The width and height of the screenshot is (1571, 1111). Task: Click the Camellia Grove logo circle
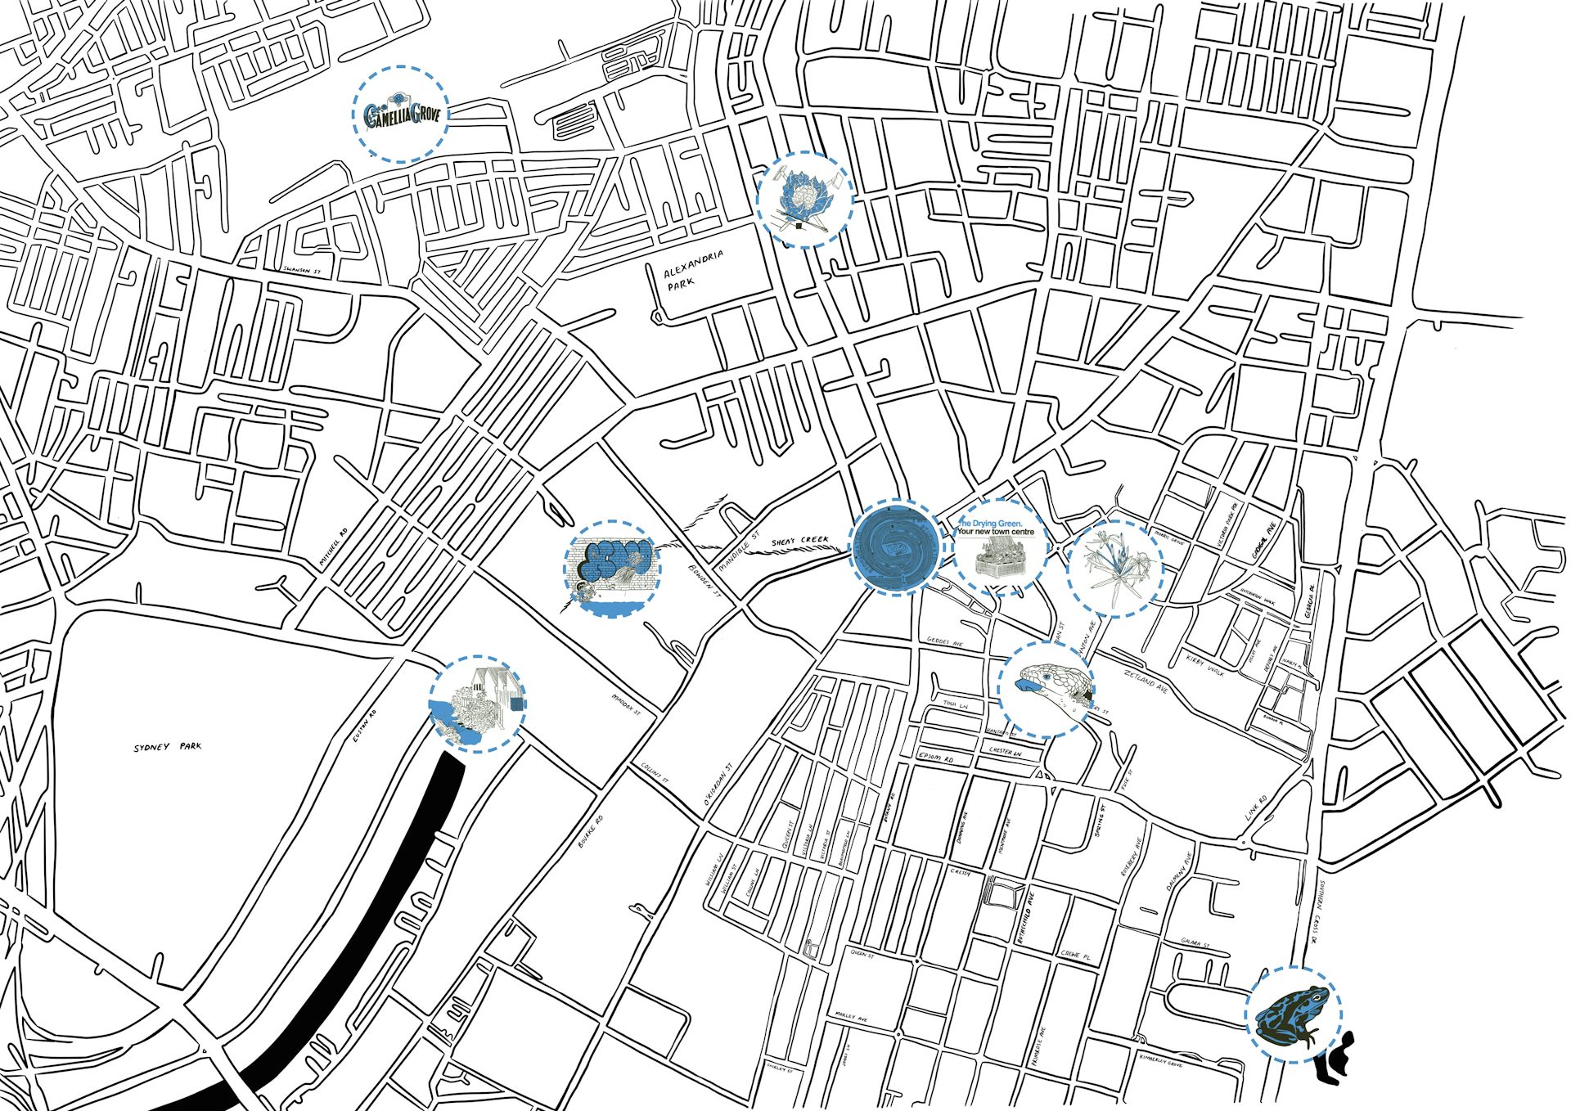point(401,114)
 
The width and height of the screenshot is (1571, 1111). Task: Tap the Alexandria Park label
point(693,269)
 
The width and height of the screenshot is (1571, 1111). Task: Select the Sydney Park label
point(167,747)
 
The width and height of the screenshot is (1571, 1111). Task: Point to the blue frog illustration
point(1293,1015)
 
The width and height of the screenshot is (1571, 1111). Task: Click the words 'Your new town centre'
point(996,532)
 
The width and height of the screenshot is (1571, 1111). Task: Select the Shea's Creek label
point(799,541)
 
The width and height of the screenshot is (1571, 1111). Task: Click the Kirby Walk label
point(1205,664)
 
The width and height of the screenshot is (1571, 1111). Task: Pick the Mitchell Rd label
point(332,546)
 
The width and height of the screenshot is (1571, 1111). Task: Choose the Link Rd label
point(1256,807)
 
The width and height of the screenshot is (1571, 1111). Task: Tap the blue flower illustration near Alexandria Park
point(804,199)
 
